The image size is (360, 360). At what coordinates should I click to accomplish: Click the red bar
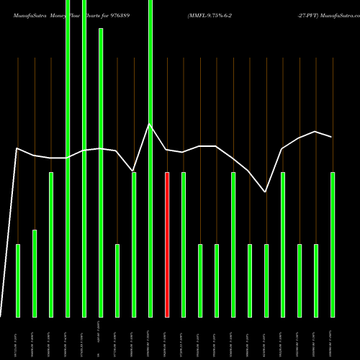point(167,245)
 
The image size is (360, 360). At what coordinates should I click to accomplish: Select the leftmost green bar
point(18,281)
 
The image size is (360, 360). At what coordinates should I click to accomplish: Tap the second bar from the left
point(35,274)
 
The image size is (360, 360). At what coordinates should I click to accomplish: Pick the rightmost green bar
point(332,245)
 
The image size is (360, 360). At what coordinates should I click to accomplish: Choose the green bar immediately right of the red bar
point(184,245)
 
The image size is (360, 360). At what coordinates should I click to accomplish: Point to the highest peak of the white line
point(150,125)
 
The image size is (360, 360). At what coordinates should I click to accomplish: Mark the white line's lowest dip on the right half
point(266,192)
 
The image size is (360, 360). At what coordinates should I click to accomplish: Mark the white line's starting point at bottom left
point(1,315)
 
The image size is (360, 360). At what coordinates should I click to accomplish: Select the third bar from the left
point(51,245)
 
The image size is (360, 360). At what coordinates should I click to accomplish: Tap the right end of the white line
point(332,137)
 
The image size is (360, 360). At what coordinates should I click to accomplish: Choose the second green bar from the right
point(315,281)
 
